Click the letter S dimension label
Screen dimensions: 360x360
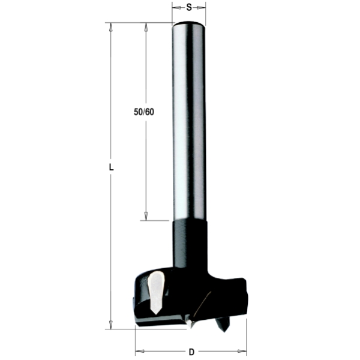(x=189, y=7)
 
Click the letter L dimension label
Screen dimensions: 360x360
(x=111, y=167)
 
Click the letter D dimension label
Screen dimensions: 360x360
(x=191, y=352)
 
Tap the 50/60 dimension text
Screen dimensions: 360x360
(x=144, y=112)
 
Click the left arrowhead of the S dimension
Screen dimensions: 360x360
(x=176, y=8)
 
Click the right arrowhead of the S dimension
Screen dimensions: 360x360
(x=202, y=8)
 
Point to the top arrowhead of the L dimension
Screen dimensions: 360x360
(x=111, y=27)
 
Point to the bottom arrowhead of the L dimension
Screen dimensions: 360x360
(x=111, y=325)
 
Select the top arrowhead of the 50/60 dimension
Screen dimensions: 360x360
(x=146, y=27)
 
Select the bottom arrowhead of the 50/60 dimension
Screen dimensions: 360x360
(x=146, y=216)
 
